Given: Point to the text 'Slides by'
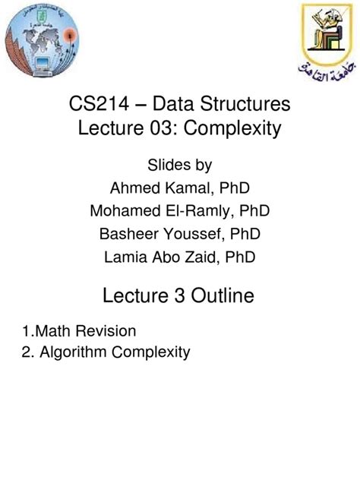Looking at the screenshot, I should tap(180, 165).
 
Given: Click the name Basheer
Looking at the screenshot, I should tap(135, 234).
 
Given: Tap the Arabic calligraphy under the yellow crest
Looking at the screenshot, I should tap(320, 72).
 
